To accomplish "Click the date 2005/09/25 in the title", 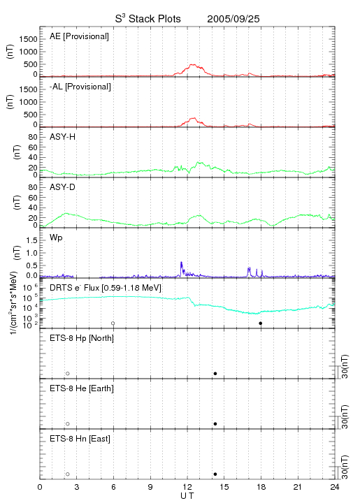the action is (x=233, y=19).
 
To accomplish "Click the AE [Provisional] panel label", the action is (x=79, y=36).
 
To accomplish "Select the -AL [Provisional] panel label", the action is (x=80, y=87).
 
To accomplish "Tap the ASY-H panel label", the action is (x=62, y=137).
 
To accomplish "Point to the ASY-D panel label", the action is (x=62, y=187).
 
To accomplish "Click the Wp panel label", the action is (x=56, y=238).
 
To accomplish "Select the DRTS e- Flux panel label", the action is (x=106, y=288).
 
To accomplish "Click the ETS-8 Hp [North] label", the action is (x=82, y=338).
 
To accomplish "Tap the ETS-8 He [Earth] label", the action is (x=82, y=388).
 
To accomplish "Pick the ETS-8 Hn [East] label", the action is (x=80, y=439).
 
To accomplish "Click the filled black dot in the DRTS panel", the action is (x=261, y=323).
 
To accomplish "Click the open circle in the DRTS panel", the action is (x=113, y=323).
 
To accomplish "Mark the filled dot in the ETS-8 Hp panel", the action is (x=215, y=373).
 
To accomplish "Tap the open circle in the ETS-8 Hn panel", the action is (x=68, y=474).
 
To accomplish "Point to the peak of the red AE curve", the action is (x=192, y=64).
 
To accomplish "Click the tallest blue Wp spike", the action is (x=181, y=262).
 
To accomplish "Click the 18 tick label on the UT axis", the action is (x=261, y=487).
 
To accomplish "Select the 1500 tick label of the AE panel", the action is (x=28, y=39).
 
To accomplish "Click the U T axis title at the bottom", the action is (x=187, y=496).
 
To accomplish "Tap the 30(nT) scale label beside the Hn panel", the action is (x=345, y=467).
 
